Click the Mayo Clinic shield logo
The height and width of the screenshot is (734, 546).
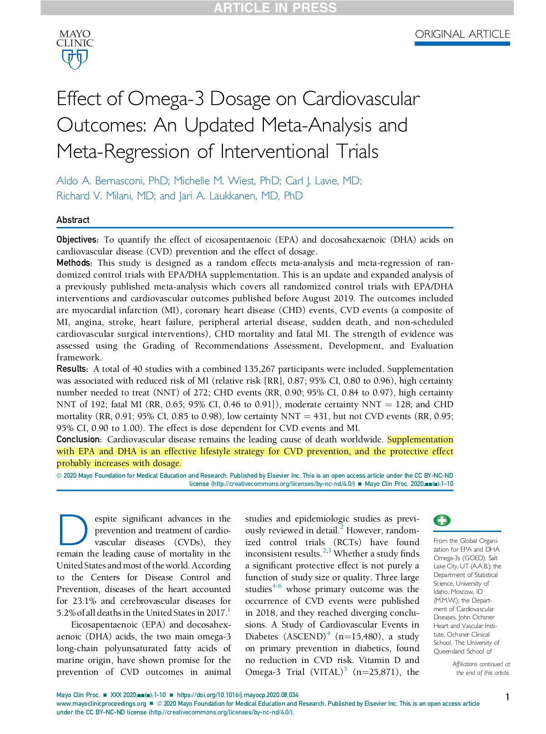pos(75,59)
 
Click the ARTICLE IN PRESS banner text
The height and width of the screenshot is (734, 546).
pos(275,8)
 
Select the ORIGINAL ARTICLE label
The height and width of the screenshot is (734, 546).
pos(462,34)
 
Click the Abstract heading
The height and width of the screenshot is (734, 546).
pos(73,220)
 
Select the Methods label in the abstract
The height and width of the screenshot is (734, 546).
pos(73,263)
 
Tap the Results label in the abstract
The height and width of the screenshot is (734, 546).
pos(71,369)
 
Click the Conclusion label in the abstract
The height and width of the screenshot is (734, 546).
pos(78,440)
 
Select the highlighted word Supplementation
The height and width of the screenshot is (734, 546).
pos(420,440)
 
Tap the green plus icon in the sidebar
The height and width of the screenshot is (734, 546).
pos(442,521)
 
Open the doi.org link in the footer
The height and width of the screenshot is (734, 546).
pos(238,695)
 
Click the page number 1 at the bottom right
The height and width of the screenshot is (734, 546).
pos(507,697)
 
